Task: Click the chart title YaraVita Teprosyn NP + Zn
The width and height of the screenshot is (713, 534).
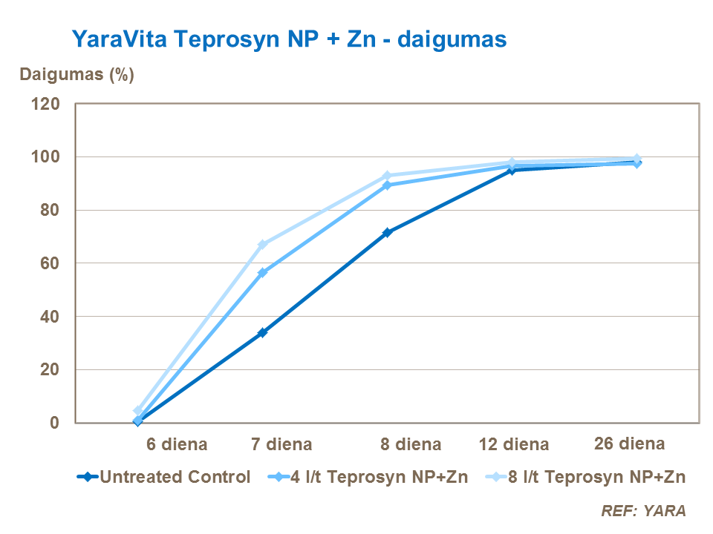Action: click(x=289, y=39)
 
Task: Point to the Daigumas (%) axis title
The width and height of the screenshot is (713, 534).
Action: click(x=76, y=75)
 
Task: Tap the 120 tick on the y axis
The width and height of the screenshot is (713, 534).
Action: click(x=45, y=104)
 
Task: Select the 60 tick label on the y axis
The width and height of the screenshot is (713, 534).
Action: click(x=50, y=263)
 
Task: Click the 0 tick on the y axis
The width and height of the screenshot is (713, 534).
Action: click(x=54, y=423)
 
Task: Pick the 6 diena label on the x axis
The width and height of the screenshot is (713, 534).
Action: click(x=175, y=445)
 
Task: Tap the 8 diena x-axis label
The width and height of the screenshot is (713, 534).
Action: click(x=411, y=445)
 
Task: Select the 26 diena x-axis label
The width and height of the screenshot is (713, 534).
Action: click(x=630, y=444)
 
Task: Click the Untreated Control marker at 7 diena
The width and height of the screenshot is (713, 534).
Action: click(x=262, y=333)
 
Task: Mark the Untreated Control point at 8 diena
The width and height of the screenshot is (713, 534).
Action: click(x=387, y=233)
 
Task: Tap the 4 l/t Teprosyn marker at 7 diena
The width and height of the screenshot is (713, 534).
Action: click(x=262, y=273)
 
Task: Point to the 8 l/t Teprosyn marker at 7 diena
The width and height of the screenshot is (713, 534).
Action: click(x=262, y=245)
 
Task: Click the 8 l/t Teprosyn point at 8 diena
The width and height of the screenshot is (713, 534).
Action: click(x=387, y=176)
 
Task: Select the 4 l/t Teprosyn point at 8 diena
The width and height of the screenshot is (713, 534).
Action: click(x=387, y=185)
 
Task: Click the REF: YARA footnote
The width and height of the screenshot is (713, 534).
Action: click(x=643, y=511)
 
